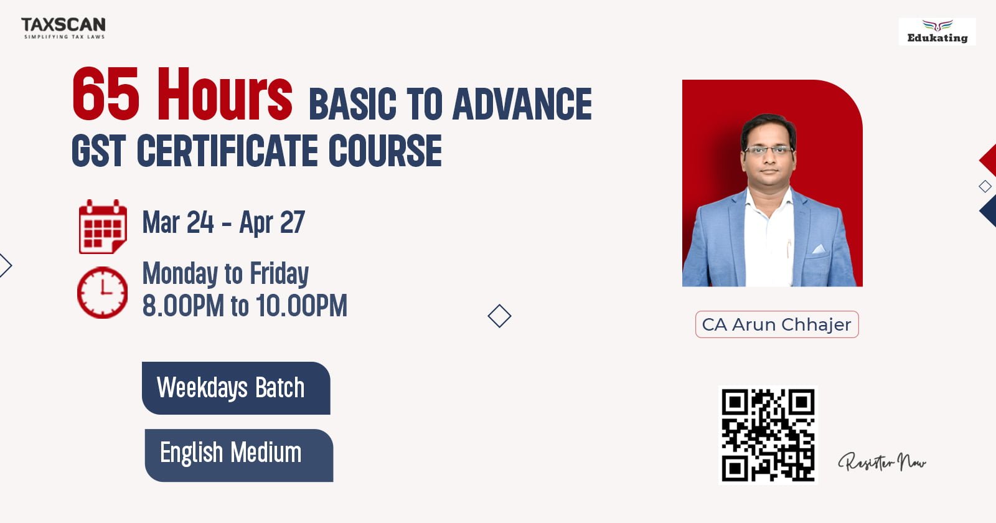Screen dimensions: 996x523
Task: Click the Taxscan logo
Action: [63, 28]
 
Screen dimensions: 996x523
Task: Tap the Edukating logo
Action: [937, 32]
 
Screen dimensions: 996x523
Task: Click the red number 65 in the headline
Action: [106, 94]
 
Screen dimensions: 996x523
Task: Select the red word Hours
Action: [225, 94]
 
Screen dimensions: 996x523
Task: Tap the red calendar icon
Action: [103, 227]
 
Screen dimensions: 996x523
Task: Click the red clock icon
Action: [102, 292]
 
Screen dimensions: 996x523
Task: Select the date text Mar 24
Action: [178, 222]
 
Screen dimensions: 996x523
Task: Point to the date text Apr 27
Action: [272, 222]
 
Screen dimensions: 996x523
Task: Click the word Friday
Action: [280, 273]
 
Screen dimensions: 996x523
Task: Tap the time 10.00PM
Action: [301, 306]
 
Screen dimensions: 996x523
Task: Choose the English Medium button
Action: [239, 455]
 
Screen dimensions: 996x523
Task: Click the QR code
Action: [768, 435]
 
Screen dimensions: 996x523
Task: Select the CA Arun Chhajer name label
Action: [777, 324]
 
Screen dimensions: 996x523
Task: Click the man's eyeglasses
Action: [768, 150]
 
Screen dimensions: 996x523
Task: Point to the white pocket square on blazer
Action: [819, 249]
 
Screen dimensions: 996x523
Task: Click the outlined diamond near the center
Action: [499, 316]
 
